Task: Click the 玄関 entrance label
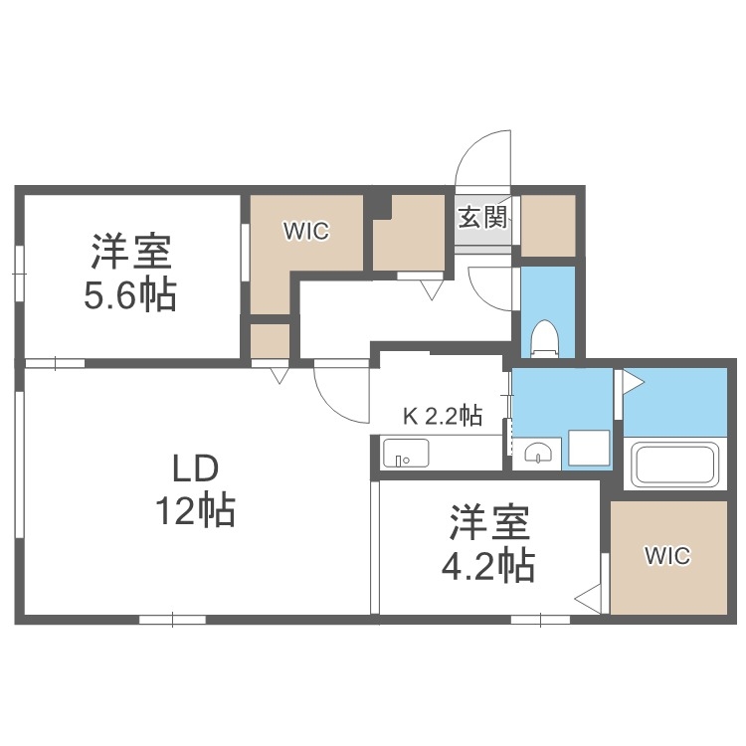(483, 217)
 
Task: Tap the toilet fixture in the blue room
(546, 337)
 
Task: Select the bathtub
(675, 463)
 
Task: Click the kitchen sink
(406, 453)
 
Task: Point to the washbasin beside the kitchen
(538, 453)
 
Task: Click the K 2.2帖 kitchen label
(443, 416)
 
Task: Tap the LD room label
(194, 467)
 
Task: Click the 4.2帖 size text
(487, 566)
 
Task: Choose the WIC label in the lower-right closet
(666, 556)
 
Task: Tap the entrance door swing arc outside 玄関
(482, 159)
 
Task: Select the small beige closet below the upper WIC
(270, 340)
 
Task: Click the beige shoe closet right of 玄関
(548, 225)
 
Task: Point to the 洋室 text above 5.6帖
(132, 252)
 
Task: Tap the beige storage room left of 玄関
(408, 232)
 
